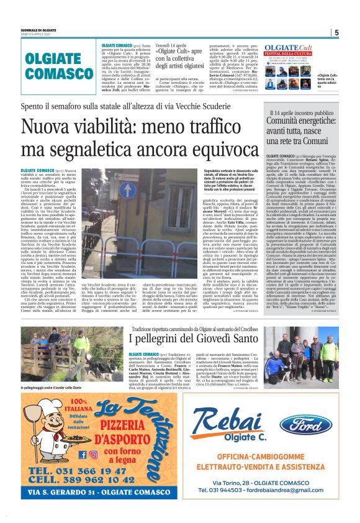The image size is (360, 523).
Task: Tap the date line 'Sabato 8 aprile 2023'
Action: [x=38, y=37]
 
